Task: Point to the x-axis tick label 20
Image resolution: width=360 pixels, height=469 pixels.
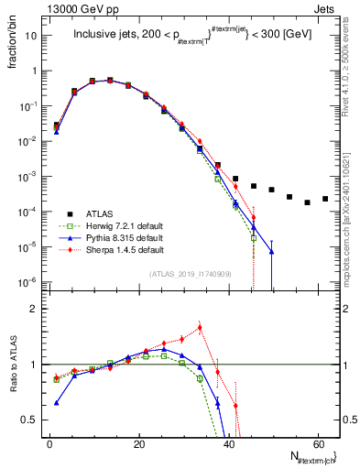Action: coord(138,443)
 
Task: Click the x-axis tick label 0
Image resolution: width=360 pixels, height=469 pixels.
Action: coord(49,443)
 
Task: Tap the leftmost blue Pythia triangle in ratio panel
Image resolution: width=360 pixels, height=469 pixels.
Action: coord(57,402)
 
